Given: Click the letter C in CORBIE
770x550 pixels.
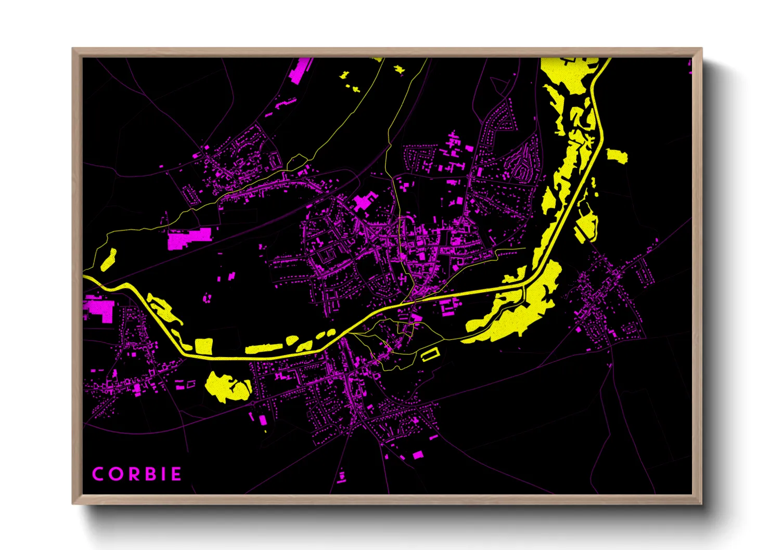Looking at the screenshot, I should (x=98, y=474).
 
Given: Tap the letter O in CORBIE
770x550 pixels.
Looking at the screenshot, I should (x=115, y=474).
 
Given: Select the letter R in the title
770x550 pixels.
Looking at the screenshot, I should (x=133, y=474).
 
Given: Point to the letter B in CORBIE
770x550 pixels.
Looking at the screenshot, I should (x=149, y=474).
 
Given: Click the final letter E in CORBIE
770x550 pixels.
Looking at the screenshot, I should (x=176, y=474).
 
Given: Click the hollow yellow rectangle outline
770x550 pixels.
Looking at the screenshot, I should (x=430, y=354).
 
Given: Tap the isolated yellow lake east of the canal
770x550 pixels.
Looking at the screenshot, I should (x=617, y=155).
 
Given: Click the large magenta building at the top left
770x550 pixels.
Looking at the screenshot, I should (x=300, y=71).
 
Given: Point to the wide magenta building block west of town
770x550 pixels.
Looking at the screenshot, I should (x=188, y=239).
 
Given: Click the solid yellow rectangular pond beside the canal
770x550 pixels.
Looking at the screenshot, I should (x=203, y=346).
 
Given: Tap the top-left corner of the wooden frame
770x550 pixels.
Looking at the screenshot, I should (x=73, y=49).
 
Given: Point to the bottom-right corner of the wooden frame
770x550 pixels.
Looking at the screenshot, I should (x=701, y=503).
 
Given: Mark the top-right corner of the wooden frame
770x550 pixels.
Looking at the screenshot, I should (x=701, y=49).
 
